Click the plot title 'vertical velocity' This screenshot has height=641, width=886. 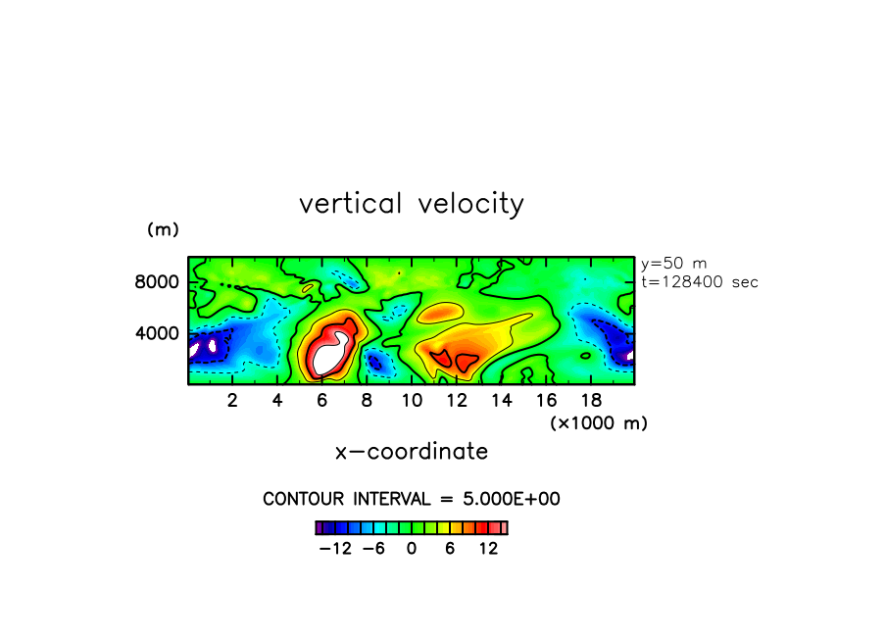click(x=412, y=204)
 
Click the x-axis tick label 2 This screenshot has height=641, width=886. click(x=232, y=401)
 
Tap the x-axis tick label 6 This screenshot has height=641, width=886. click(x=322, y=401)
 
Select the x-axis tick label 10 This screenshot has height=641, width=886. click(x=412, y=401)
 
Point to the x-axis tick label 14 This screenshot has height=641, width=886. click(x=502, y=401)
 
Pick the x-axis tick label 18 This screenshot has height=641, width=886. click(x=592, y=401)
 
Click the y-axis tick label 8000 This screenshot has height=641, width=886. click(x=157, y=282)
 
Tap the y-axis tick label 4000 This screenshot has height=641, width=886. click(x=157, y=333)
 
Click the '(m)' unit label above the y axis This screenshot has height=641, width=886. click(x=163, y=229)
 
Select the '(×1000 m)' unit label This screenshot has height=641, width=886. click(x=599, y=423)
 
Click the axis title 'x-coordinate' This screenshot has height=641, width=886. click(x=412, y=452)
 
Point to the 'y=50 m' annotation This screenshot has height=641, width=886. click(x=673, y=264)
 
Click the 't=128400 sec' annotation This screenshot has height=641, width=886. click(x=700, y=282)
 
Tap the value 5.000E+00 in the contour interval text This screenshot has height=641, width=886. click(x=512, y=499)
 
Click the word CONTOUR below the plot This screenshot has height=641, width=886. click(x=304, y=499)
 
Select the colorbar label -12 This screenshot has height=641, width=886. click(x=335, y=549)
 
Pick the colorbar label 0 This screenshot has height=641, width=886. click(x=412, y=549)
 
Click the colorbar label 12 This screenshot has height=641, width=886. click(x=488, y=549)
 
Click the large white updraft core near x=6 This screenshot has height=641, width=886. click(x=329, y=355)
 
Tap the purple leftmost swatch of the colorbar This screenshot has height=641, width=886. click(x=320, y=528)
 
